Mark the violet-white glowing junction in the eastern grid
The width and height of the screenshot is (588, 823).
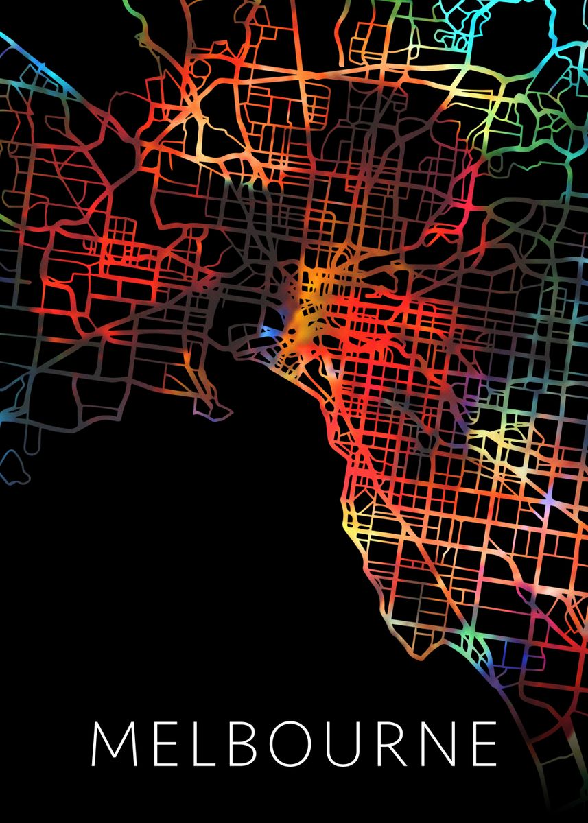click(549, 503)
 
